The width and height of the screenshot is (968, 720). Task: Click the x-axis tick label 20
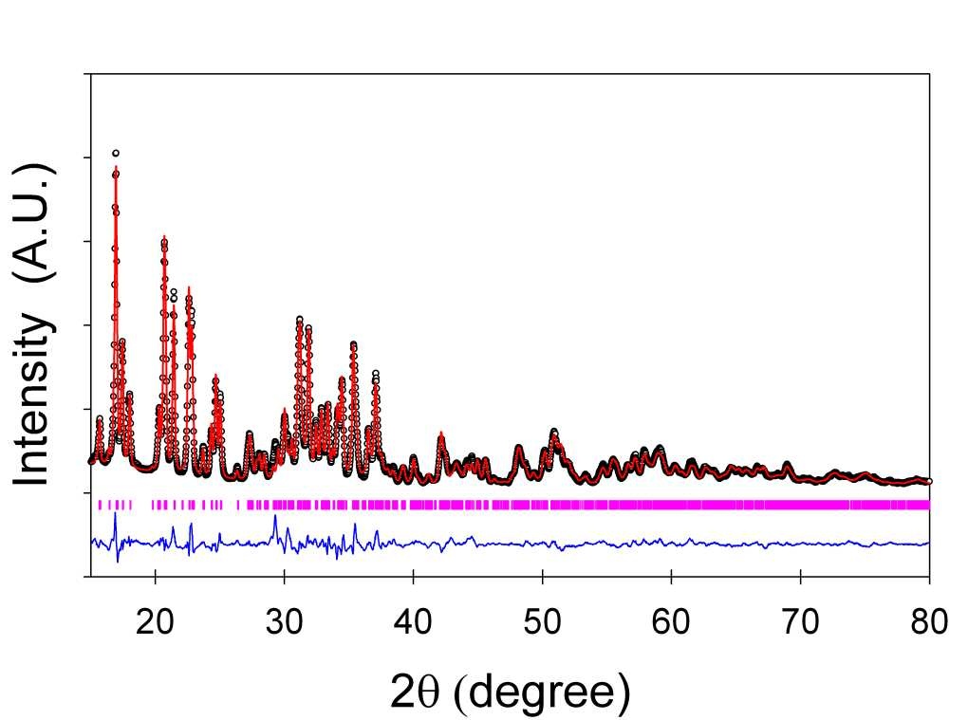coord(155,621)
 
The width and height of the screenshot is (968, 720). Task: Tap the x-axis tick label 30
coord(284,621)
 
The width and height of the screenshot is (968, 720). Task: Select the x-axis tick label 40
coord(413,621)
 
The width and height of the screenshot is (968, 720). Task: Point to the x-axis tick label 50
coord(542,621)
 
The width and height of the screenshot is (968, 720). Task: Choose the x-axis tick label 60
coord(671,621)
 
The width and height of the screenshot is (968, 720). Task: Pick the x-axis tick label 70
coord(800,621)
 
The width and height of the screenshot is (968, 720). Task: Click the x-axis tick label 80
coord(929,621)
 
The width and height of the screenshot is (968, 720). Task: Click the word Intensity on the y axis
coord(32,399)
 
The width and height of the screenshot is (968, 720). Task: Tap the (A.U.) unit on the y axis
coord(32,223)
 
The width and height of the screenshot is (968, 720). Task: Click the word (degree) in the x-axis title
coord(541,692)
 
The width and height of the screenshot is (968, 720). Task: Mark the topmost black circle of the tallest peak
coord(116,153)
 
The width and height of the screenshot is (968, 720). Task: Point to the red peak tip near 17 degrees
coord(116,167)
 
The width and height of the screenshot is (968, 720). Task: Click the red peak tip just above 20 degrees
coord(164,236)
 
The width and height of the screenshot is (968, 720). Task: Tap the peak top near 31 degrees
coord(299,319)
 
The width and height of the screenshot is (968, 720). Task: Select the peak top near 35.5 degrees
coord(353,344)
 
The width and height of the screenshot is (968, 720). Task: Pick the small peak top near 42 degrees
coord(441,434)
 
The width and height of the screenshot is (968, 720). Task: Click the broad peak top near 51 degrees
coord(554,432)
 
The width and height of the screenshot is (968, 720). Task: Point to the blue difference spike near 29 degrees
coord(275,516)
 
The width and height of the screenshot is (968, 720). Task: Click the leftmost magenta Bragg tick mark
coord(100,505)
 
